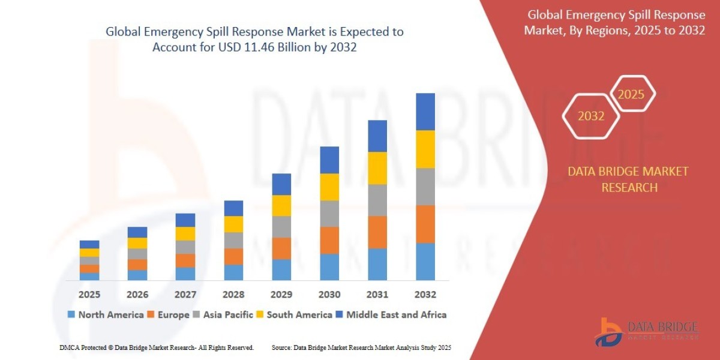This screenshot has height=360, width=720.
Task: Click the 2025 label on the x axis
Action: point(89,295)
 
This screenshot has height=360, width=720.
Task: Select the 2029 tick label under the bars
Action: point(281,295)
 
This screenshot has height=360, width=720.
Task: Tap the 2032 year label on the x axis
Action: point(425,295)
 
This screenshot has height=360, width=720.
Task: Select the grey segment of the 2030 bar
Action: point(329,214)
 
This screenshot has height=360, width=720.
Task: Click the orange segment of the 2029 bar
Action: point(281,248)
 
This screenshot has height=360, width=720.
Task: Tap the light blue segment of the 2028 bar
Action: point(233,272)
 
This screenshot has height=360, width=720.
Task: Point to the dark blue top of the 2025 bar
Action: point(89,244)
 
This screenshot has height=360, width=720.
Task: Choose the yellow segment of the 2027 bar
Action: point(185,234)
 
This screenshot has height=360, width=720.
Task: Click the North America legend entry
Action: point(105,314)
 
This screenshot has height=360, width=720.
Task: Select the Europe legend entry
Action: point(170,314)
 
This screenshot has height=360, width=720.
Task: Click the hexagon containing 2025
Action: point(631,94)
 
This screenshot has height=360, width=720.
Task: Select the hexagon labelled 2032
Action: point(591,116)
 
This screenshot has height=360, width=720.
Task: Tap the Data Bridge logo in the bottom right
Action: point(646,331)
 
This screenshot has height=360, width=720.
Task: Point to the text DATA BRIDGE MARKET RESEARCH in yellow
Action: point(628,179)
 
